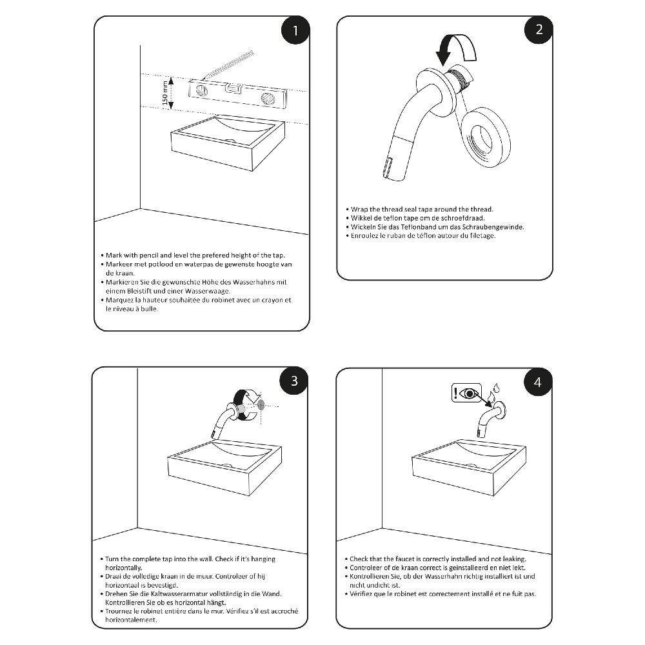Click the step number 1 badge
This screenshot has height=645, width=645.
[x=295, y=31]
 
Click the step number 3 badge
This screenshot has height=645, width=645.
[x=294, y=381]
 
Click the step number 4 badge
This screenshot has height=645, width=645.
[x=538, y=382]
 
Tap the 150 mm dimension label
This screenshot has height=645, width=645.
[x=166, y=93]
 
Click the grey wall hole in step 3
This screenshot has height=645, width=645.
[x=261, y=405]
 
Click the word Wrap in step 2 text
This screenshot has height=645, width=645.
[x=360, y=210]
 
